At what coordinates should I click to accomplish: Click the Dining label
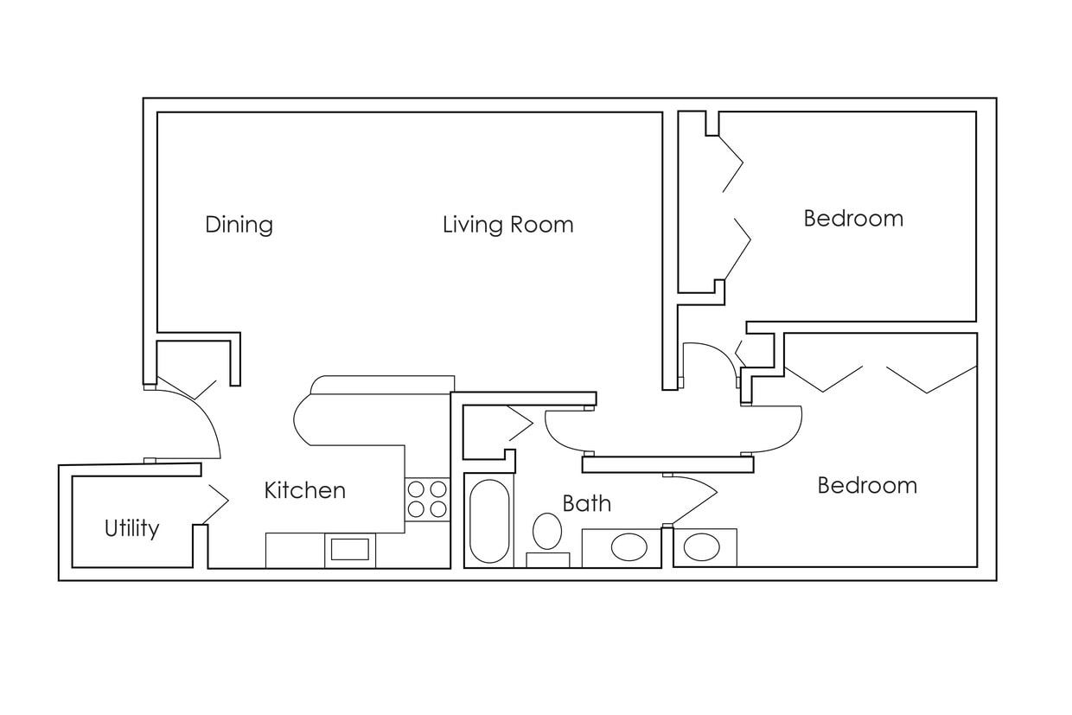pyautogui.click(x=239, y=225)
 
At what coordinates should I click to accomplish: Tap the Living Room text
pyautogui.click(x=507, y=225)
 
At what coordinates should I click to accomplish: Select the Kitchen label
pyautogui.click(x=304, y=490)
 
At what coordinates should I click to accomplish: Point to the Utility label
pyautogui.click(x=131, y=528)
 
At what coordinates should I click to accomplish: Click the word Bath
pyautogui.click(x=586, y=503)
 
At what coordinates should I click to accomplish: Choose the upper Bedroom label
pyautogui.click(x=852, y=218)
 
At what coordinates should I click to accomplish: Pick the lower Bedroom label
pyautogui.click(x=866, y=485)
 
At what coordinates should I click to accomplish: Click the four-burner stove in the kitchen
pyautogui.click(x=427, y=499)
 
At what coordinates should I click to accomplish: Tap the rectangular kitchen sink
pyautogui.click(x=350, y=550)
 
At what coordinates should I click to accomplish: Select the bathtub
pyautogui.click(x=489, y=520)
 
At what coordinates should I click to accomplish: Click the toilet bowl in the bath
pyautogui.click(x=546, y=530)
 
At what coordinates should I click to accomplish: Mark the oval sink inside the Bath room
pyautogui.click(x=629, y=547)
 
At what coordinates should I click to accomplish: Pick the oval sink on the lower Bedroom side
pyautogui.click(x=701, y=547)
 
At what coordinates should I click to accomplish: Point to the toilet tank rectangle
pyautogui.click(x=547, y=559)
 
